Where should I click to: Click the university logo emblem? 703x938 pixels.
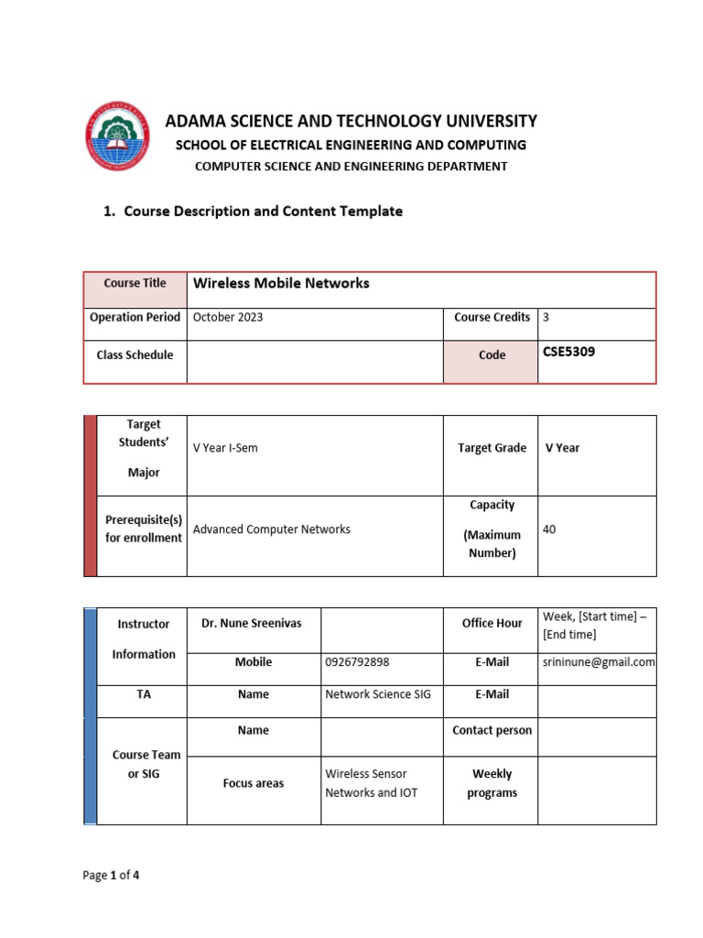click(x=118, y=136)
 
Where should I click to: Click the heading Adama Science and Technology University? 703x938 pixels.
click(x=351, y=121)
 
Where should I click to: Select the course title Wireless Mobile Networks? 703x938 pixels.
click(x=281, y=283)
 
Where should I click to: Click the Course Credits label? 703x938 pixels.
click(x=492, y=317)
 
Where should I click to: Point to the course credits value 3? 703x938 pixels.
click(x=546, y=317)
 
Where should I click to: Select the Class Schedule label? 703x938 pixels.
click(x=135, y=354)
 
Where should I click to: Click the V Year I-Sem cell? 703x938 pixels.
click(x=225, y=448)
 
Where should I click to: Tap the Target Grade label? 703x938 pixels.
click(x=492, y=448)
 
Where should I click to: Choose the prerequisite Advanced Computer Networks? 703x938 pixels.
click(x=272, y=529)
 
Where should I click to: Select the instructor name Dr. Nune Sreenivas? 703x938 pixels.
click(x=252, y=623)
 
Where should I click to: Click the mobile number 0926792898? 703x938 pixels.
click(x=361, y=661)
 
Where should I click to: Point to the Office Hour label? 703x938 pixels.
click(x=492, y=623)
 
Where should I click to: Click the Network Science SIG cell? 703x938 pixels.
click(x=378, y=694)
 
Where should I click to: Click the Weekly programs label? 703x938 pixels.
click(x=492, y=783)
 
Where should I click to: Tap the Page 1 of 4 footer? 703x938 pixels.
click(x=111, y=875)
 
